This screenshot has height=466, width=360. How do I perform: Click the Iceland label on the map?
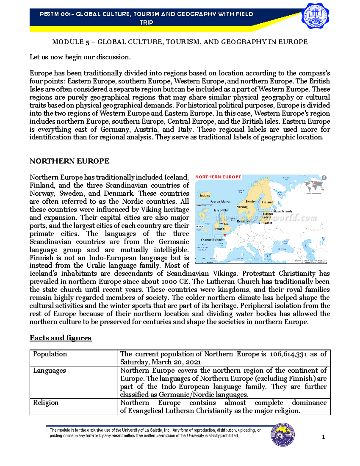pyautogui.click(x=205, y=195)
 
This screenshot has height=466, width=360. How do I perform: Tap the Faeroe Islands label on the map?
pyautogui.click(x=220, y=201)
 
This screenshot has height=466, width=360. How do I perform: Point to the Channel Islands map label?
pyautogui.click(x=212, y=240)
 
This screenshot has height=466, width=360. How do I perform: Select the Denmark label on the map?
pyautogui.click(x=243, y=221)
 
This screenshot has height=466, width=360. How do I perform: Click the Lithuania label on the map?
pyautogui.click(x=266, y=223)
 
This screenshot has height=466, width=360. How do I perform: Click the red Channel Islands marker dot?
pyautogui.click(x=225, y=235)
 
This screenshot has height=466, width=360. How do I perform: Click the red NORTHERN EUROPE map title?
pyautogui.click(x=218, y=177)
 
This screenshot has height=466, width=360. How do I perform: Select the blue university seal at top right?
pyautogui.click(x=315, y=16)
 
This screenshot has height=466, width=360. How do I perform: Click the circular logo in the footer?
pyautogui.click(x=283, y=435)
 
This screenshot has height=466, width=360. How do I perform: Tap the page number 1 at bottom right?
pyautogui.click(x=323, y=437)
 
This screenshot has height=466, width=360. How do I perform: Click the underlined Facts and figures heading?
pyautogui.click(x=60, y=338)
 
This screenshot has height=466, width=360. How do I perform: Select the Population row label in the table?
pyautogui.click(x=50, y=354)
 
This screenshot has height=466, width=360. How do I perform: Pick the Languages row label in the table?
pyautogui.click(x=49, y=371)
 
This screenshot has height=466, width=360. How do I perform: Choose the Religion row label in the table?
pyautogui.click(x=46, y=403)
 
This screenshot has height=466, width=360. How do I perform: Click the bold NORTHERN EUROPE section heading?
pyautogui.click(x=69, y=161)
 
